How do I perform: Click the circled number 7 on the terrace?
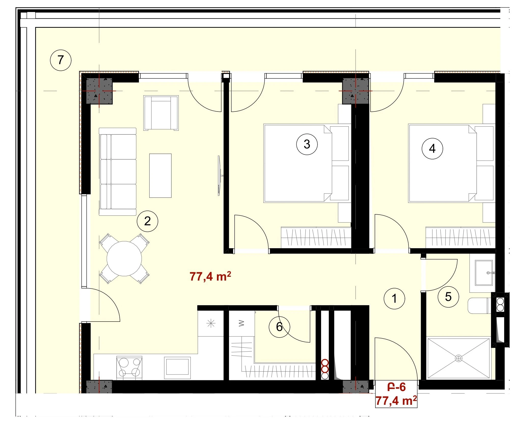(61, 60)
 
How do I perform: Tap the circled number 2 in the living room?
(147, 221)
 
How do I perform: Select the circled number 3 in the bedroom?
(307, 144)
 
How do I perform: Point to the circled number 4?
(432, 148)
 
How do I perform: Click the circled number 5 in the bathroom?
(448, 297)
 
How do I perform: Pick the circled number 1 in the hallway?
(394, 298)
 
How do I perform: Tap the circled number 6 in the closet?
(279, 327)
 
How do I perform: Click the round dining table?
(124, 258)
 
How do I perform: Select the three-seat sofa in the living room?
(118, 172)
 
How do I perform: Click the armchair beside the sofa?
(161, 113)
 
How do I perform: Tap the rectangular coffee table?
(160, 176)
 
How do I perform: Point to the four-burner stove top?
(129, 368)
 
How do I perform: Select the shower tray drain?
(459, 358)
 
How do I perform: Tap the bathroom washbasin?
(484, 273)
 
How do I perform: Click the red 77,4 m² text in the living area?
(210, 276)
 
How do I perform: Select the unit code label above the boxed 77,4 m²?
(396, 387)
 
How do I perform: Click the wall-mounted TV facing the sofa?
(219, 176)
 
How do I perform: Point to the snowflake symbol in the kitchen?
(211, 324)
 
